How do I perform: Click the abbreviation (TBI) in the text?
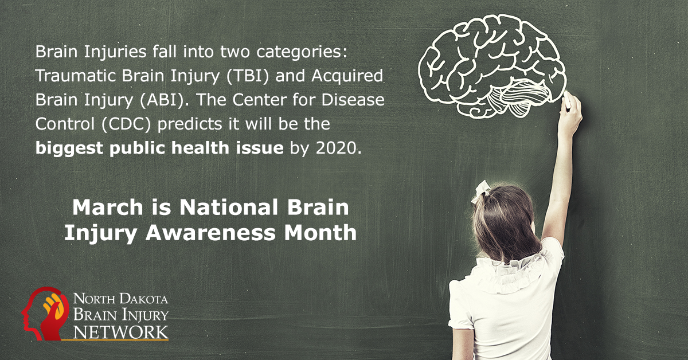click(248, 76)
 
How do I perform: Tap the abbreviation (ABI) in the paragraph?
click(162, 100)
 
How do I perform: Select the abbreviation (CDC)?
click(126, 124)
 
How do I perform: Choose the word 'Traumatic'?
click(76, 76)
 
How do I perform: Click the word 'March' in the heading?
click(108, 208)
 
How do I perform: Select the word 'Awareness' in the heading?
click(210, 233)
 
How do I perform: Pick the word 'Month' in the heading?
click(320, 233)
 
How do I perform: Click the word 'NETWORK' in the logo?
click(121, 332)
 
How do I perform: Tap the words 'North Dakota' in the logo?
click(120, 299)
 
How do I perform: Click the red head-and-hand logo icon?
click(45, 314)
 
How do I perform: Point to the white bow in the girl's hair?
click(481, 191)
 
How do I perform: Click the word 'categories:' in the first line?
click(302, 52)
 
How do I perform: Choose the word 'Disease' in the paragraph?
click(353, 100)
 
